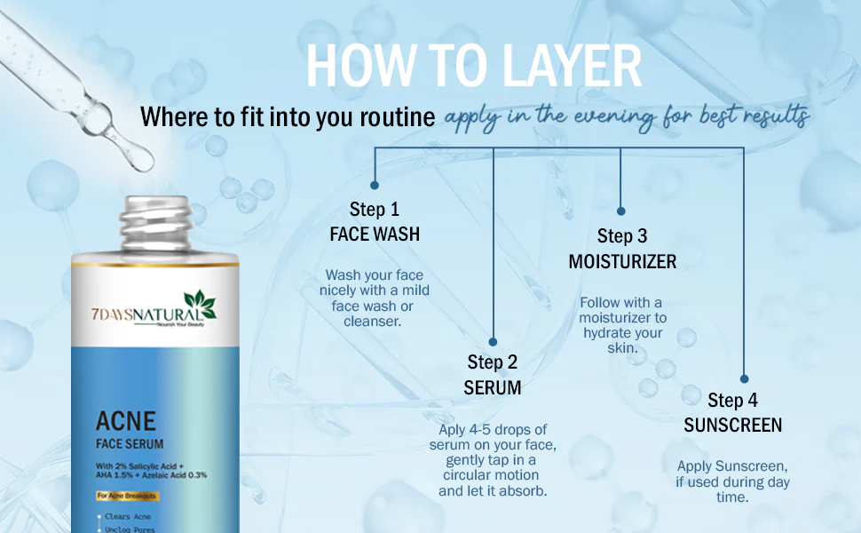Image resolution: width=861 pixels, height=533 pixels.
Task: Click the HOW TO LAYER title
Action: pos(474,66)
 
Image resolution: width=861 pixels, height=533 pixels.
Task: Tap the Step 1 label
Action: pos(375,210)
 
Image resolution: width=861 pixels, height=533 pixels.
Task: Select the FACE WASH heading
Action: pos(375,235)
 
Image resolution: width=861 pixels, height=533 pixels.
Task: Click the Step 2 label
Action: pos(493,362)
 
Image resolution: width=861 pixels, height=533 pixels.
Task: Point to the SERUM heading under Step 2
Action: pos(493,388)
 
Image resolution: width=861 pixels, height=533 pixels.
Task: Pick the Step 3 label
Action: pos(622,236)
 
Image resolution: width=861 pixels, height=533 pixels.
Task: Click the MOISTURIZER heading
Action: pos(622,261)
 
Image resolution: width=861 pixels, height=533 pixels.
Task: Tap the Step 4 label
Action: pos(732,400)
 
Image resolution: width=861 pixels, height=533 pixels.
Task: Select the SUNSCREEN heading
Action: pos(732,426)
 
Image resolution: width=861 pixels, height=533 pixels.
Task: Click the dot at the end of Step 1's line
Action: pos(375,186)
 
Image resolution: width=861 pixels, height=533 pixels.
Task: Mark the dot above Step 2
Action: pos(493,342)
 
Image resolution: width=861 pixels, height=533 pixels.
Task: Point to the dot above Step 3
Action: pos(621,211)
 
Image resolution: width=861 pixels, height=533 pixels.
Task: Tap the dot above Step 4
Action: pos(744,378)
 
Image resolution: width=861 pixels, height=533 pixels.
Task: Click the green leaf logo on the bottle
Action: pos(201,304)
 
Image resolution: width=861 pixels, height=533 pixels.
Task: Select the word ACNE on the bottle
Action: pos(126,421)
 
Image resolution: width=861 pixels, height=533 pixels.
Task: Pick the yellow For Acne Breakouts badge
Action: pos(127,496)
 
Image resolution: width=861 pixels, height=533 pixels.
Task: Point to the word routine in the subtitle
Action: pos(398,117)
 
